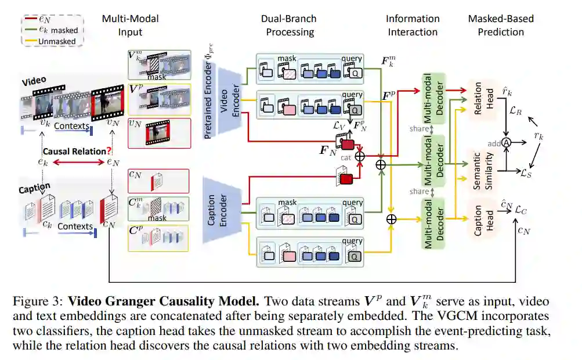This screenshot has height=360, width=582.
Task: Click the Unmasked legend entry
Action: [x=57, y=42]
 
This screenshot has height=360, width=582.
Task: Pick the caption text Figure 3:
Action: [x=35, y=302]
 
